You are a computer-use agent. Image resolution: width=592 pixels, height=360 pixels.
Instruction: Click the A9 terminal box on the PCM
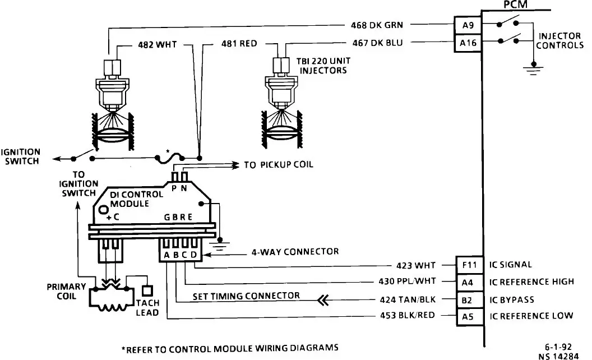click(x=468, y=25)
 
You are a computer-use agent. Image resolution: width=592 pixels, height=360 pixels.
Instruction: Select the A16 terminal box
click(x=468, y=43)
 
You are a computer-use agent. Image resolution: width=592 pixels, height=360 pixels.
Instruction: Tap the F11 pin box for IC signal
click(x=469, y=265)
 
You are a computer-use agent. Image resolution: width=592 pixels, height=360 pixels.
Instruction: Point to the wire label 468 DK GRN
click(x=377, y=25)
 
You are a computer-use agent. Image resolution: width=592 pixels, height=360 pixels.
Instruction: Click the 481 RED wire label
click(x=239, y=44)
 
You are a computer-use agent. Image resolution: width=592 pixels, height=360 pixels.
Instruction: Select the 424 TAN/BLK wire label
click(x=408, y=299)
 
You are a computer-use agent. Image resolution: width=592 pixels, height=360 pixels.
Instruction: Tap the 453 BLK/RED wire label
click(x=408, y=315)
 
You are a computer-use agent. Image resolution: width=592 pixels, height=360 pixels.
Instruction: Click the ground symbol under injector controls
click(x=533, y=70)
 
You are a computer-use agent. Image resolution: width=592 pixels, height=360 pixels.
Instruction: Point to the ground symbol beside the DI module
click(x=220, y=244)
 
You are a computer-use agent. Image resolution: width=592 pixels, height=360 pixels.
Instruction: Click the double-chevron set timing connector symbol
click(x=323, y=301)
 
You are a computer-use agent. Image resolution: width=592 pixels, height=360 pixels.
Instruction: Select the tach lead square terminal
click(x=147, y=291)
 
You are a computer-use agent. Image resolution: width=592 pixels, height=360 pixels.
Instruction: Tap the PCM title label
click(x=515, y=4)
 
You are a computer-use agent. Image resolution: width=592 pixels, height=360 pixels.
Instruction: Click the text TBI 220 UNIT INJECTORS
click(x=323, y=66)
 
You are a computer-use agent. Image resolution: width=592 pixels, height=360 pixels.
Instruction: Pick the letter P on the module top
click(x=174, y=188)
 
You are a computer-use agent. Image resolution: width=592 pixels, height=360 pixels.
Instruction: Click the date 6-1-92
click(x=558, y=347)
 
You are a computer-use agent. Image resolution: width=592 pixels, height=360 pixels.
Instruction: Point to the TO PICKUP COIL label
click(x=279, y=165)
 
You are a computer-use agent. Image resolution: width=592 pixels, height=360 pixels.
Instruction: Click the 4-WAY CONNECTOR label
click(x=295, y=252)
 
